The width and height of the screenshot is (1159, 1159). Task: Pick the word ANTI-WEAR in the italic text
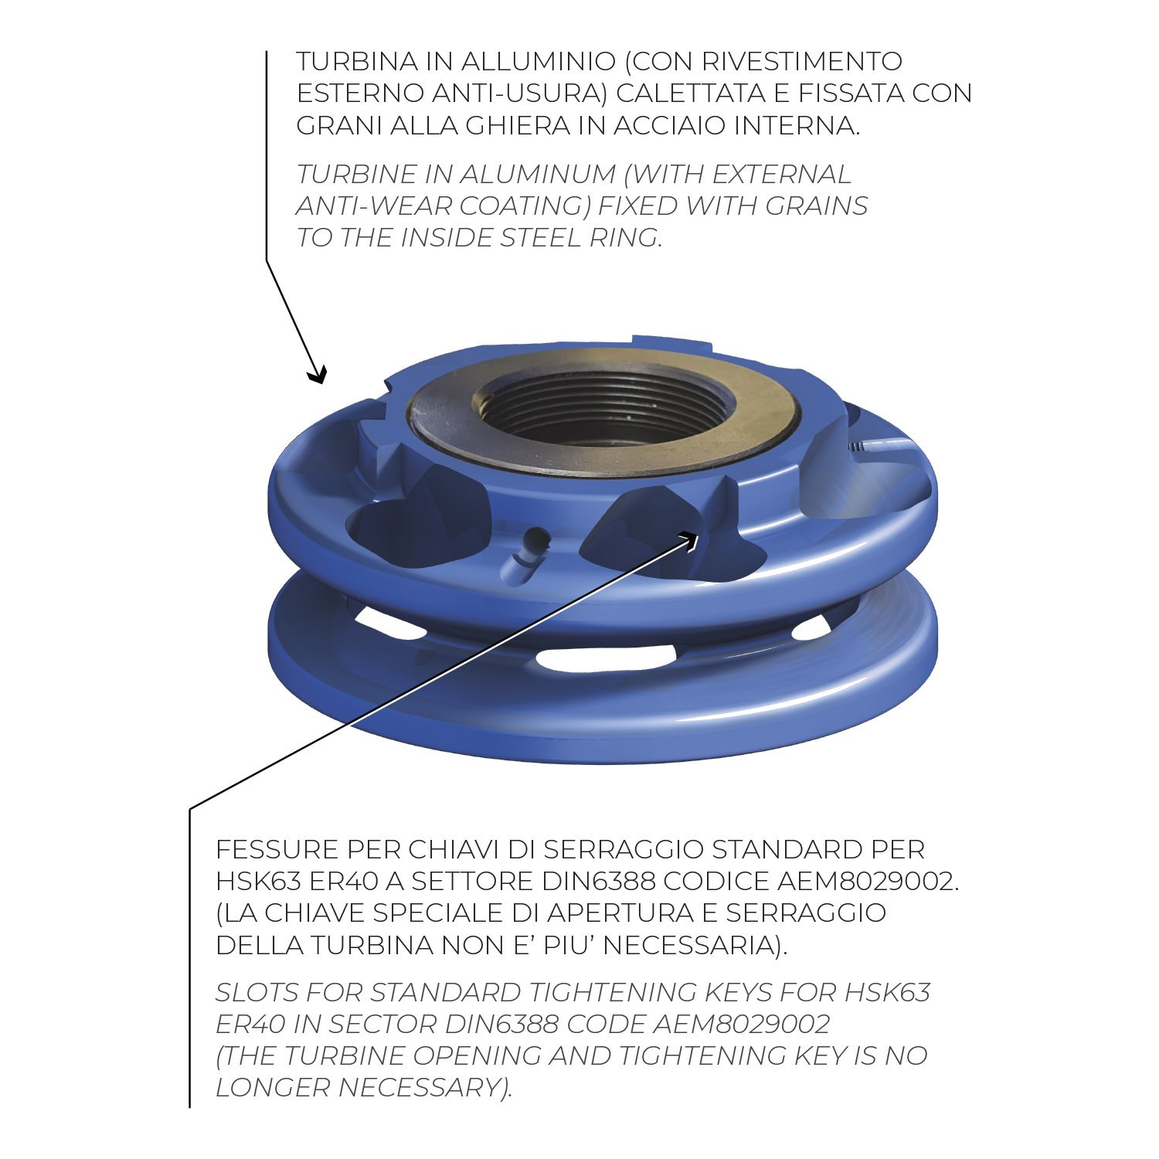click(374, 206)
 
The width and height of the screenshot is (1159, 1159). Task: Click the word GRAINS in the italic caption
click(817, 206)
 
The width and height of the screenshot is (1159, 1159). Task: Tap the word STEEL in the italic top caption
click(541, 238)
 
